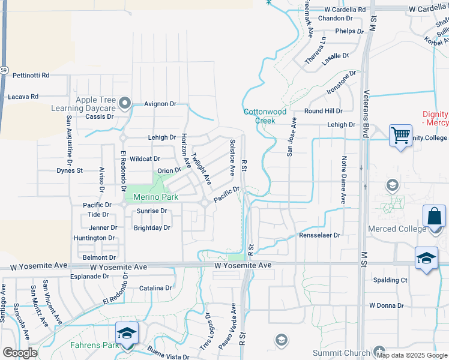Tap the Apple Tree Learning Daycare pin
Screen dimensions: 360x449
click(125, 103)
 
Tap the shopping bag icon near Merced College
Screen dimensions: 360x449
click(434, 217)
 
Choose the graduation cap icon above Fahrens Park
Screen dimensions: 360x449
click(127, 333)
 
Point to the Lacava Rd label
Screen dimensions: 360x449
click(23, 96)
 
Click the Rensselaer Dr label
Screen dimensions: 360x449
click(319, 235)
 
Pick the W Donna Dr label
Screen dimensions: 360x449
click(387, 305)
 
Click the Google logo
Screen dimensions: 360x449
click(20, 353)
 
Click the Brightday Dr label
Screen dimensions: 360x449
click(152, 228)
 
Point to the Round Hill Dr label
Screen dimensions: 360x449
click(323, 111)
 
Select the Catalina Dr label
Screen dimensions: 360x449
click(155, 288)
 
